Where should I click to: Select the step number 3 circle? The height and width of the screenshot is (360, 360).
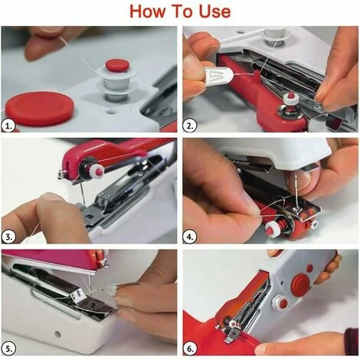click(x=10, y=234)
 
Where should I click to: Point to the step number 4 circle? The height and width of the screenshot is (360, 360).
click(x=191, y=234)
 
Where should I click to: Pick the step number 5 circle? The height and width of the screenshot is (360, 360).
click(x=10, y=345)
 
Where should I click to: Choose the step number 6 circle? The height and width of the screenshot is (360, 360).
click(x=191, y=345)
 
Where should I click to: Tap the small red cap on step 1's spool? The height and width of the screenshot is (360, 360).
click(x=116, y=65)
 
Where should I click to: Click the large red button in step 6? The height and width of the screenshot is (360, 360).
click(x=300, y=282)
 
